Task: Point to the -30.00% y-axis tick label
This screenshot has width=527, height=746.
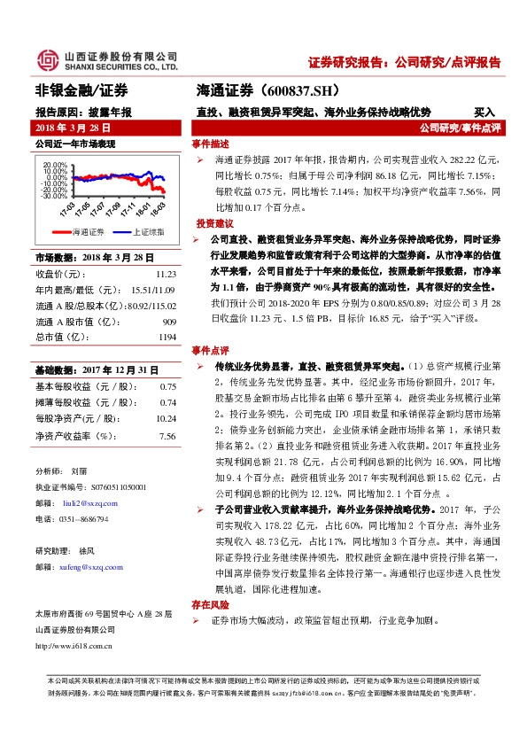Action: (54, 196)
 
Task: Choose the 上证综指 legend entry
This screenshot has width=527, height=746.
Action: (147, 231)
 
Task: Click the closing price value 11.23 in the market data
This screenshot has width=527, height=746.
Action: (166, 275)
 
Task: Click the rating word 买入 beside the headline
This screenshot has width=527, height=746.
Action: (484, 113)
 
